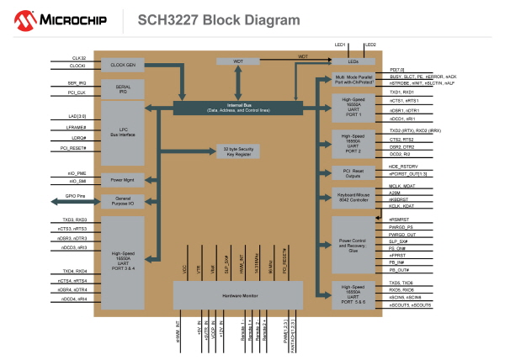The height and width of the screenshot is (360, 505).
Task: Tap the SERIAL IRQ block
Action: [123, 88]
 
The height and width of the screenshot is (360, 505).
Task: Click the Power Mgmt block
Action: [123, 179]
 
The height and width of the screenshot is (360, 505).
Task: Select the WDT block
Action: [238, 61]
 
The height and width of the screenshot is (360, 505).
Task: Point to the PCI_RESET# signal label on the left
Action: [74, 148]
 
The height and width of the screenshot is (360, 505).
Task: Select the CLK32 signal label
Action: [79, 58]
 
